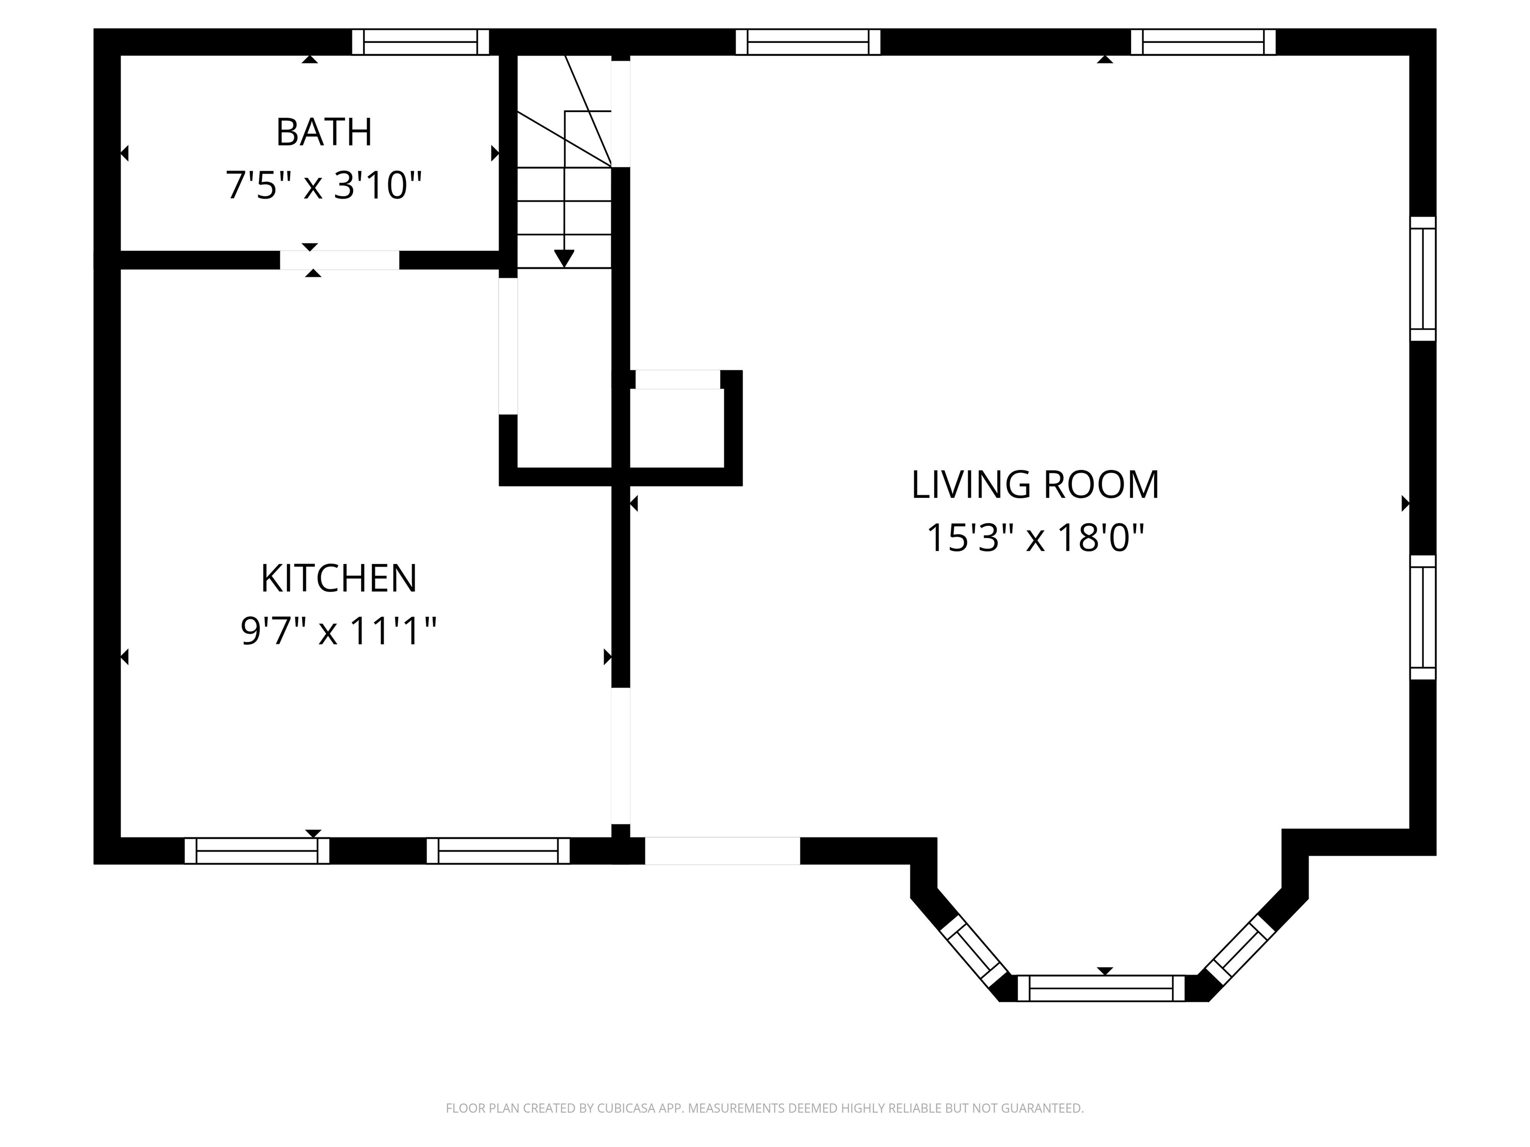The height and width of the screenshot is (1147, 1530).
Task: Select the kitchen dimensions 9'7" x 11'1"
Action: (338, 631)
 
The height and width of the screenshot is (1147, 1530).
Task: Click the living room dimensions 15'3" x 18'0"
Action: (1035, 537)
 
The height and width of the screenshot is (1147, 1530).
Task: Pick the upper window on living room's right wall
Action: (1423, 279)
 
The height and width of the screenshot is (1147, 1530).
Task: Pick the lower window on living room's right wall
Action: (1423, 617)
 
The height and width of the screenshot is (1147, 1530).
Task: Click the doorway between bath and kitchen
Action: (340, 260)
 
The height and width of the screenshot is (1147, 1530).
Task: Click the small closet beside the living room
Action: (676, 427)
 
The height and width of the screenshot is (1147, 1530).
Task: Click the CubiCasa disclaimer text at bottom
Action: (765, 1108)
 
